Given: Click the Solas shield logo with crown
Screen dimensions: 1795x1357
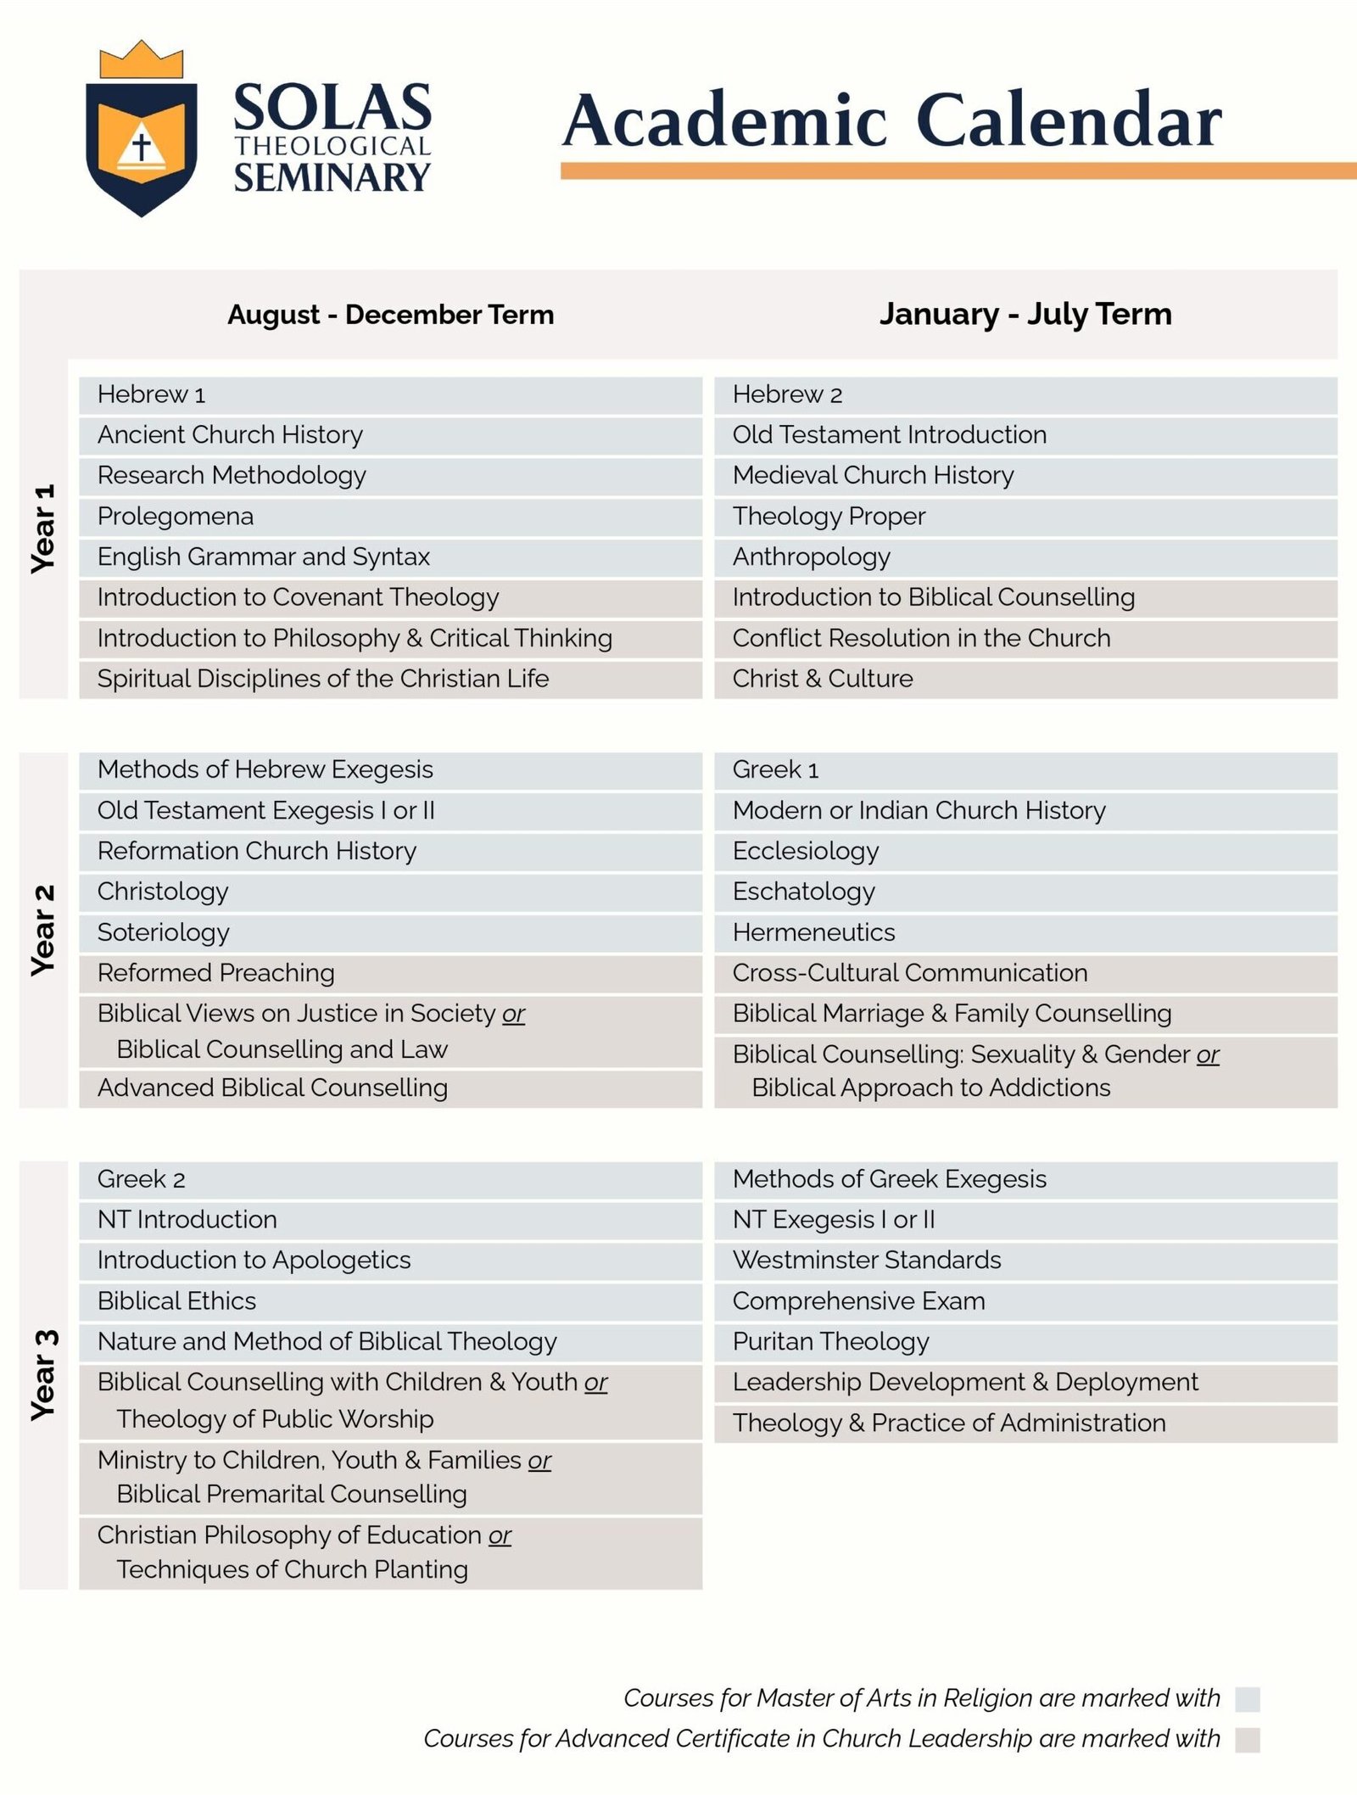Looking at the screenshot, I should tap(142, 129).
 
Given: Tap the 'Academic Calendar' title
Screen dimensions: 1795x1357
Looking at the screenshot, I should tap(891, 120).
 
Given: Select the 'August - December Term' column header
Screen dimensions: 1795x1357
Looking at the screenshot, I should tap(390, 315).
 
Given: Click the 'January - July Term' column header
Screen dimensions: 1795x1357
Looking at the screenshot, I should tap(1025, 314).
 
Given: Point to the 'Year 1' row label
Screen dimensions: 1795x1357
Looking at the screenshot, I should tap(43, 528).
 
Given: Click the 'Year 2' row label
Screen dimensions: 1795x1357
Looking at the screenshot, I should tap(43, 930).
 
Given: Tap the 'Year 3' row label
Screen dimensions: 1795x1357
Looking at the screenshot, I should tap(43, 1374).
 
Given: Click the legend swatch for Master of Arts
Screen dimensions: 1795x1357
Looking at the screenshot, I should tap(1247, 1699).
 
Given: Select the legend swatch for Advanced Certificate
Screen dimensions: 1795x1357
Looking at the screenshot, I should tap(1247, 1740).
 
